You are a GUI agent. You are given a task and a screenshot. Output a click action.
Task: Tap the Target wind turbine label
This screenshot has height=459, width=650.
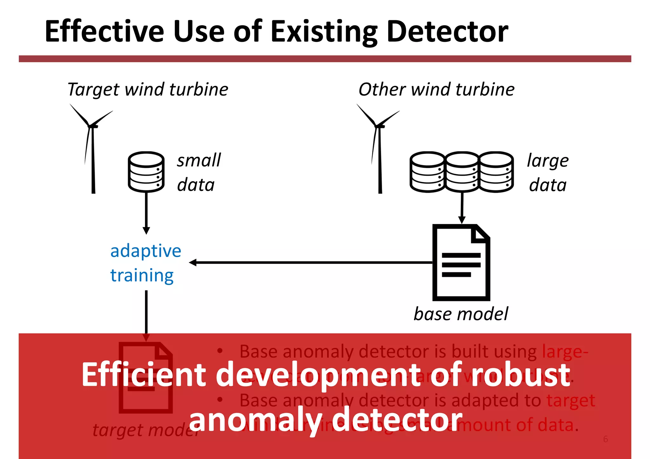pos(148,89)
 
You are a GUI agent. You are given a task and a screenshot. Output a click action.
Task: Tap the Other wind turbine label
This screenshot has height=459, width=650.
pos(436,89)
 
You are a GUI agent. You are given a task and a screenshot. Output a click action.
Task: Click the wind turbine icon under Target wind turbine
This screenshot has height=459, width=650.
pos(92,149)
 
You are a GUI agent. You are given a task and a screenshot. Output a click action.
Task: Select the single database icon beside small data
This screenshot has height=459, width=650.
pos(146,172)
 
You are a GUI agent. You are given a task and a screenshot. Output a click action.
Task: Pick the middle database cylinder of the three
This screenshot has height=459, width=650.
pos(462,172)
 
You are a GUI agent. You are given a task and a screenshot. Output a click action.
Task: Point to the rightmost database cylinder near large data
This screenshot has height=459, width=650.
pos(496,172)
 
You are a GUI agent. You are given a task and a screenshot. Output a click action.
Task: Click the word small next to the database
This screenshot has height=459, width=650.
pos(199,160)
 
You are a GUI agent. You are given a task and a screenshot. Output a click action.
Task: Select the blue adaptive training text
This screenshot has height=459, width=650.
pos(145,263)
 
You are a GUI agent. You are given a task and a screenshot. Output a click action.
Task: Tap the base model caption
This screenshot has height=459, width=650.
pos(461,314)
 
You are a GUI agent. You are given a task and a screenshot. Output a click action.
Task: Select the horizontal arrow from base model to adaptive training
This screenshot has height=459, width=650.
pos(311,262)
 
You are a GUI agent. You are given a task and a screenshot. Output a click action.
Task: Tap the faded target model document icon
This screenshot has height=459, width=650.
pos(146,377)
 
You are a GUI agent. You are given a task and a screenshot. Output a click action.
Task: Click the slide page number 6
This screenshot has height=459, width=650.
pos(606,439)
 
